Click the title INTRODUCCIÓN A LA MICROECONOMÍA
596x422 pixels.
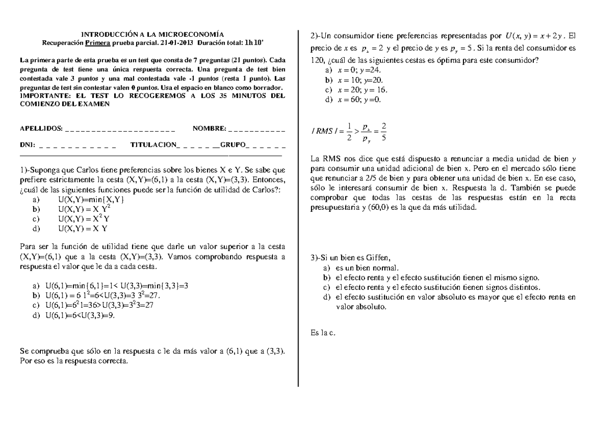(x=152, y=34)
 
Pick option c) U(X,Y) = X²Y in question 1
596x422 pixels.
(x=83, y=219)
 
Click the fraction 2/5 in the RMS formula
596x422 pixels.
(x=384, y=131)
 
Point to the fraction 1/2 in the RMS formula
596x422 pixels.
(x=350, y=131)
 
